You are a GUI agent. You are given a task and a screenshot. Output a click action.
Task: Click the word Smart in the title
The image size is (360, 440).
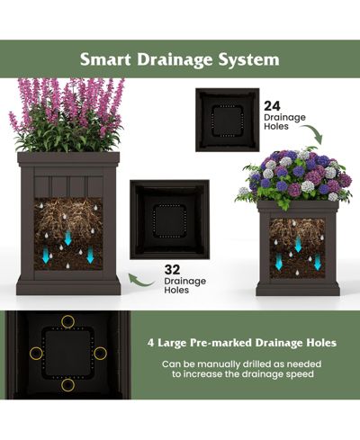coord(105,59)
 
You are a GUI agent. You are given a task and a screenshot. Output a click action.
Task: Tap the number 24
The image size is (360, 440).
coord(272,106)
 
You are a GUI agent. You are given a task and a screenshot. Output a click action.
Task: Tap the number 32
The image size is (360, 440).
coord(172,270)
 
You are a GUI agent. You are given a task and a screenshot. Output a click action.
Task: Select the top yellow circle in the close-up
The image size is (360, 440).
coord(67,321)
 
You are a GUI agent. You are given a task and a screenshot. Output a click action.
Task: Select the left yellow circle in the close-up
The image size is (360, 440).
coord(36,353)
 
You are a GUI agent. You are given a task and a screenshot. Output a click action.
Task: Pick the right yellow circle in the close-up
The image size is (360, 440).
coord(100,354)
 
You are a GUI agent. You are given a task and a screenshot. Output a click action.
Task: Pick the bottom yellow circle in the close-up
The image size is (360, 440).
coord(67,385)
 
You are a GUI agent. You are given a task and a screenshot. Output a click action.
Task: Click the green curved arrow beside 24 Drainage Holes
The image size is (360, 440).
coord(315,131)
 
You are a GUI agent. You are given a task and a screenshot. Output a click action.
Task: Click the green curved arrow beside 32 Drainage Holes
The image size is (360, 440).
coord(141,282)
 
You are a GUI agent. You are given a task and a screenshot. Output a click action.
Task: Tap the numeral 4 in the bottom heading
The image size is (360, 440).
coord(150,343)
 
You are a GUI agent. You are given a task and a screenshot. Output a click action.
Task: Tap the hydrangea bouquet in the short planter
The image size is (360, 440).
coord(294,178)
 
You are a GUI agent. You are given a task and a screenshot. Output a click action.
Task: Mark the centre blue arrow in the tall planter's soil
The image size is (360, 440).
coord(68,238)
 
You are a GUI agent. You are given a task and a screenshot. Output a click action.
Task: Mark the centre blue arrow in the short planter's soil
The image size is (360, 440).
coord(298,245)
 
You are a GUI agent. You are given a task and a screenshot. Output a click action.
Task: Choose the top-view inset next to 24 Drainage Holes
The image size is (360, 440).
coord(227,120)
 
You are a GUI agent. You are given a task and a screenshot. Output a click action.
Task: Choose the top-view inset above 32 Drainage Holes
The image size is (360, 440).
coord(169,220)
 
